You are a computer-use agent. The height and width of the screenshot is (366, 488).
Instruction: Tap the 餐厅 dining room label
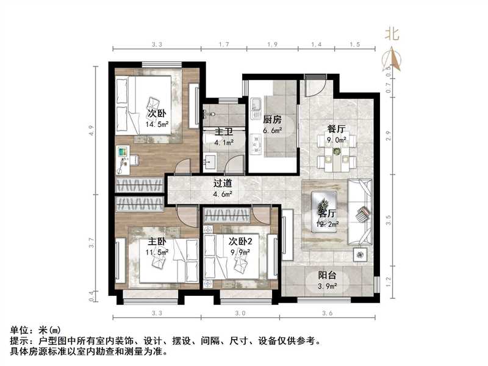pos(337,129)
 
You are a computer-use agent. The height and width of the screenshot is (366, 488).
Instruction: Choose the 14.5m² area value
pos(157,124)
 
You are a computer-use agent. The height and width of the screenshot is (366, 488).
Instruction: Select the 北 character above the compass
pos(392,34)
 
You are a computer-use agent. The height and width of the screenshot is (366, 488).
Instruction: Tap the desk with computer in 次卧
pos(126,158)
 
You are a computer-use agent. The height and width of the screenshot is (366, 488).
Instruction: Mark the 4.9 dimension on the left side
pos(91,131)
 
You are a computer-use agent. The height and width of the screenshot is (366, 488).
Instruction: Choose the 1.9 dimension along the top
pos(272,45)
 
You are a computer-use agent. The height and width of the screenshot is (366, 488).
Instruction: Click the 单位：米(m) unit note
pos(35,331)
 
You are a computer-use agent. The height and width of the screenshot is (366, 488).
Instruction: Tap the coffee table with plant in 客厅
pos(324,203)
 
